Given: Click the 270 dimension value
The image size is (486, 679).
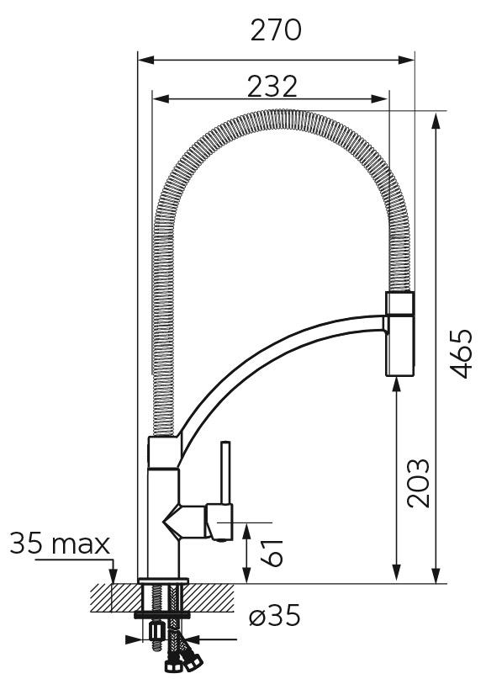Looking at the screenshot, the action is (x=276, y=30).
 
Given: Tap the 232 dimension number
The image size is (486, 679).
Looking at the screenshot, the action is (x=272, y=86).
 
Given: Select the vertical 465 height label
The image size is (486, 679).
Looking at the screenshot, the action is (x=460, y=353).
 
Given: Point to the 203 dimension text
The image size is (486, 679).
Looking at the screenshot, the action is (x=419, y=482).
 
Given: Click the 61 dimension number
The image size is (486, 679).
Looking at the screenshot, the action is (x=272, y=553).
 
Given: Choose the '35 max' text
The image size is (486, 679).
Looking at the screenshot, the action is (x=60, y=544).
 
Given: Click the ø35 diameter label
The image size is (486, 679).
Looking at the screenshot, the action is (x=274, y=615).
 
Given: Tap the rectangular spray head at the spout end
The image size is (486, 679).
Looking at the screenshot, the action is (x=400, y=333).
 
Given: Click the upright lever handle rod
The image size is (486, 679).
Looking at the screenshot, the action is (x=225, y=473).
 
